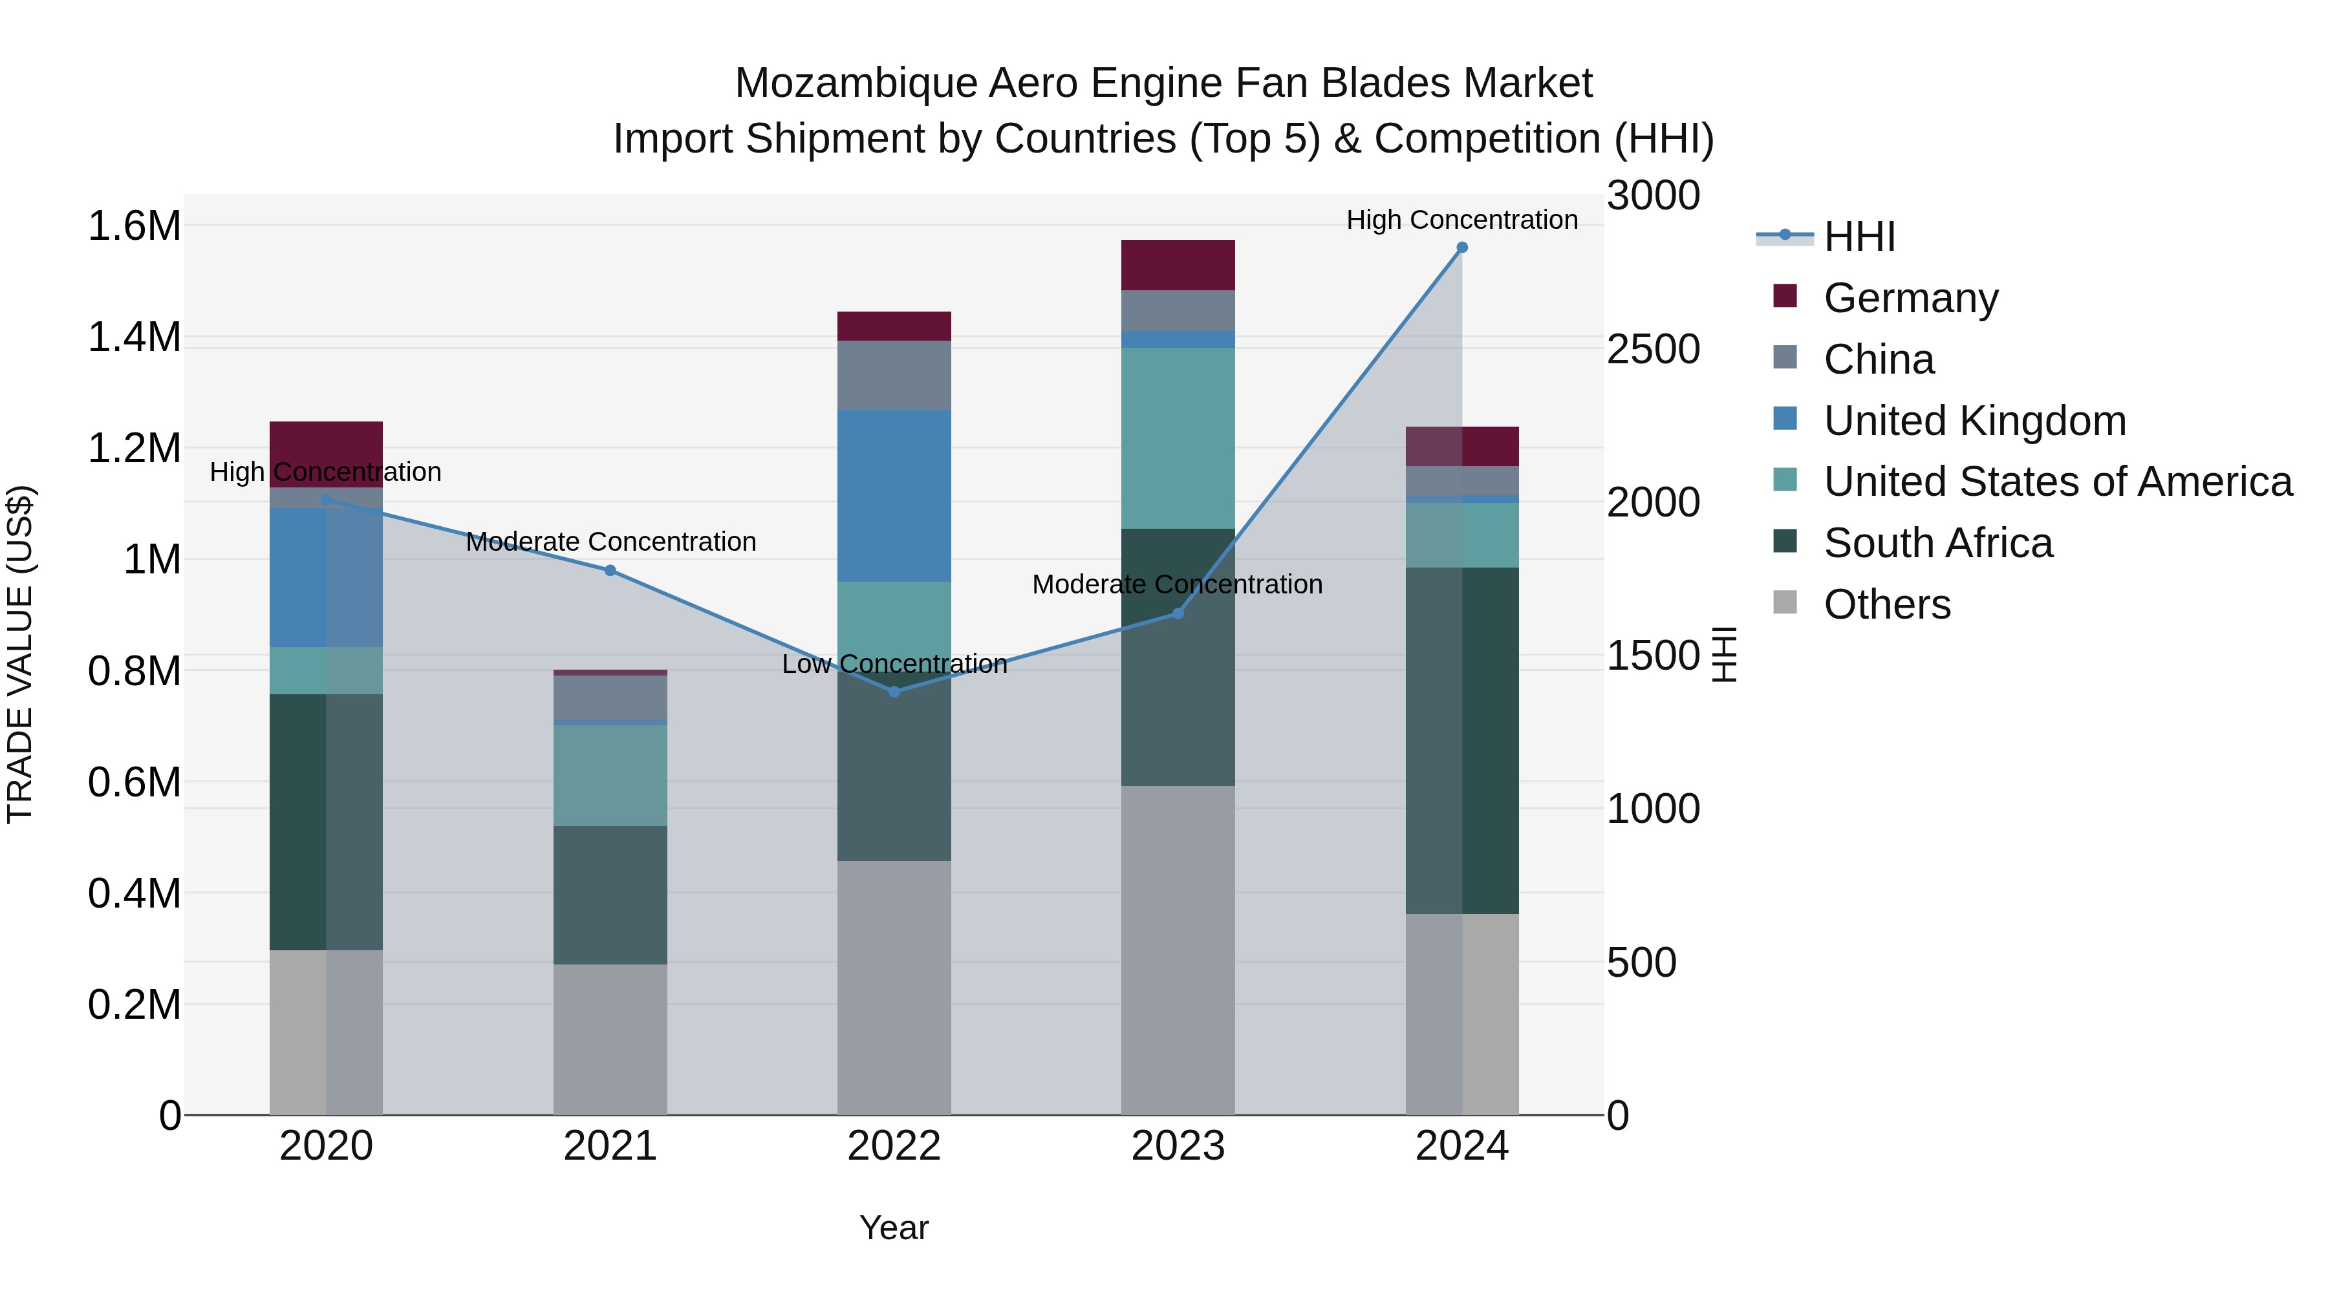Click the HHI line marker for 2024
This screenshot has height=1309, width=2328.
click(1461, 248)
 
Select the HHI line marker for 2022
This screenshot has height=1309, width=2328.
click(894, 692)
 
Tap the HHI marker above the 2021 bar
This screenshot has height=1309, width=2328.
click(610, 571)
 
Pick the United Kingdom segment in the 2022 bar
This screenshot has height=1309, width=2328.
click(894, 496)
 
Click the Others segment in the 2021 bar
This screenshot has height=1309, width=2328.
click(610, 1039)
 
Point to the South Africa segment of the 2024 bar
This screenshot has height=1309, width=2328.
click(1461, 741)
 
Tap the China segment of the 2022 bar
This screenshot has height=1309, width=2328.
click(894, 375)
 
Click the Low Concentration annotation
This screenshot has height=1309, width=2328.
click(894, 665)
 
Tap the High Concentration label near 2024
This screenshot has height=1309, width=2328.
click(1461, 220)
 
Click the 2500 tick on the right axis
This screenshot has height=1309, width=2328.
click(1653, 350)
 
